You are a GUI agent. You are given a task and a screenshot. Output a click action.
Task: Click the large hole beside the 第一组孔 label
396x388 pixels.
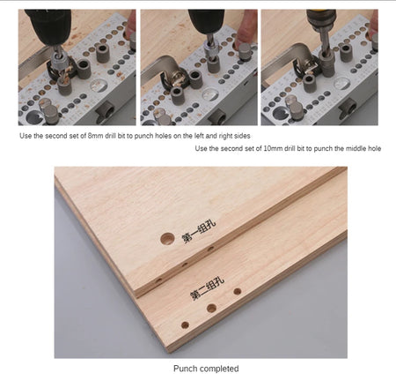tap(167, 239)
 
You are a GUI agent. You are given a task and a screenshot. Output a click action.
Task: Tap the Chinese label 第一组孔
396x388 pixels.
tap(199, 232)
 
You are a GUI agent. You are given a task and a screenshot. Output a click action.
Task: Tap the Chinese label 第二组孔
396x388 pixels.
tap(207, 288)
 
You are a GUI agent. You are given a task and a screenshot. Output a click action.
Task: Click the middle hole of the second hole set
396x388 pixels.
tap(211, 309)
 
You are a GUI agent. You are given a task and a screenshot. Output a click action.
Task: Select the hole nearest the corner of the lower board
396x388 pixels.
tap(185, 325)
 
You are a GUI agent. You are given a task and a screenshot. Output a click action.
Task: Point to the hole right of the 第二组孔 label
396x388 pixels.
tap(238, 292)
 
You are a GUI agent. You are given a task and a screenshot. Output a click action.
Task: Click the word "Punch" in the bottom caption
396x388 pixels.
tap(183, 369)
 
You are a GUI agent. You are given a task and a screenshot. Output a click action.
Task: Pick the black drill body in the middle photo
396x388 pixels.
tap(207, 21)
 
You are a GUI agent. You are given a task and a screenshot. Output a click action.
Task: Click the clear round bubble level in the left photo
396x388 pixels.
tap(99, 86)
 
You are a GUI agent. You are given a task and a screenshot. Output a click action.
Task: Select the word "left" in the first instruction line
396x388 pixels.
tap(198, 136)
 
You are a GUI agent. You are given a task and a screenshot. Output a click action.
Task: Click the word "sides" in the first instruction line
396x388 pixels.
tap(242, 136)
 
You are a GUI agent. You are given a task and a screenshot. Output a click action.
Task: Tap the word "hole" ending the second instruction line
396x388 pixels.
tap(374, 148)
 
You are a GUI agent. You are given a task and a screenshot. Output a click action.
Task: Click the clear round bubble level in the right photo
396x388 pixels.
tap(342, 84)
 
